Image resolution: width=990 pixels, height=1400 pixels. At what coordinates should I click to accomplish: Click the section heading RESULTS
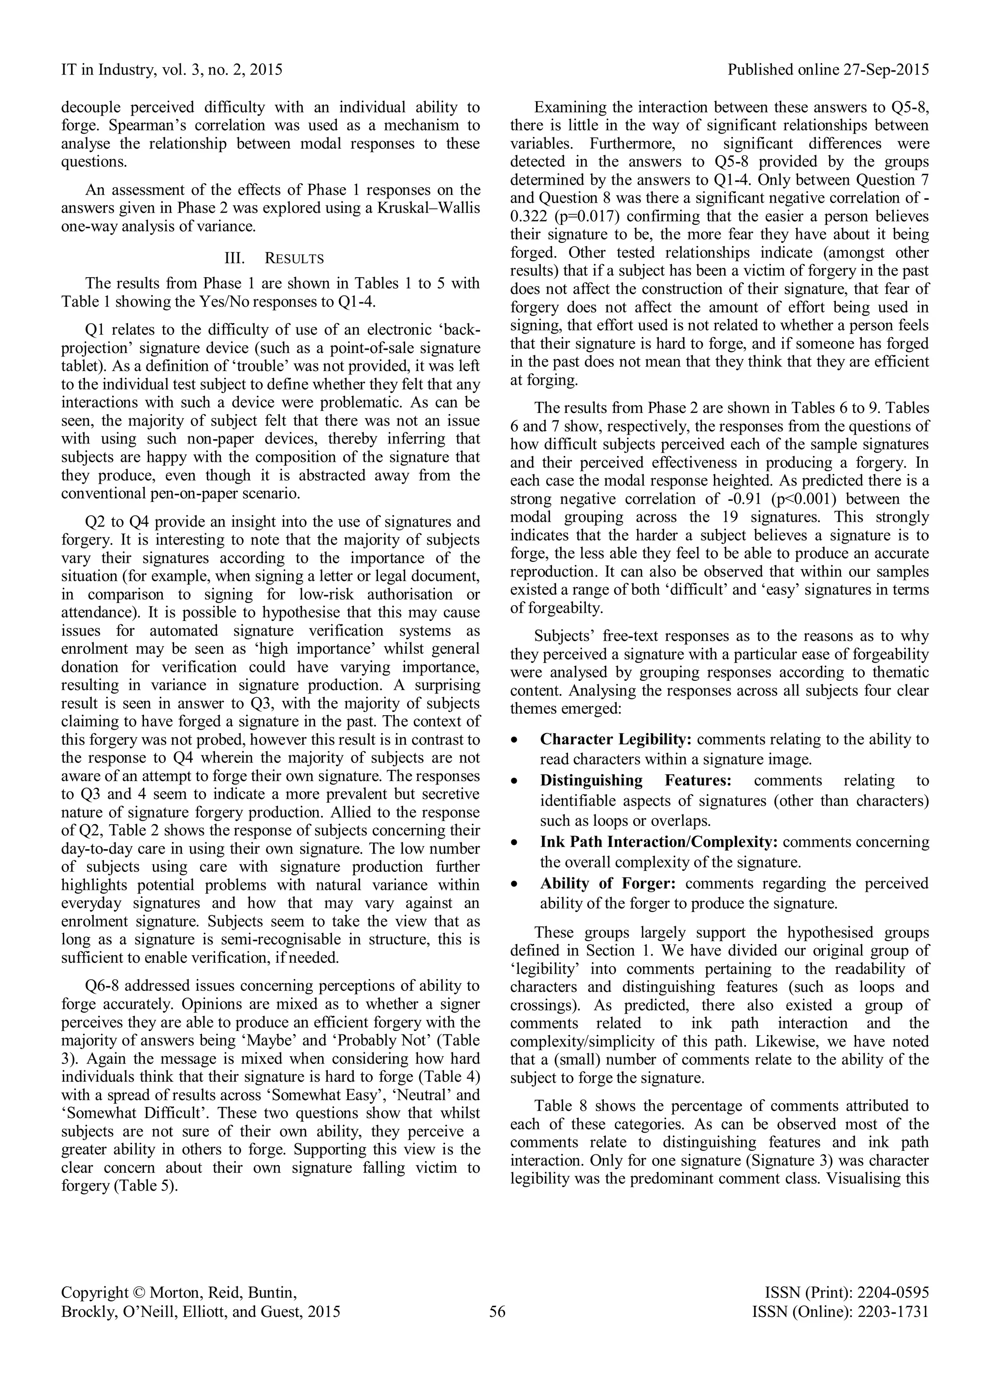pyautogui.click(x=294, y=259)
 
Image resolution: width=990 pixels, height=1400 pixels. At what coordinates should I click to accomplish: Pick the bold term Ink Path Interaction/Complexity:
pyautogui.click(x=658, y=842)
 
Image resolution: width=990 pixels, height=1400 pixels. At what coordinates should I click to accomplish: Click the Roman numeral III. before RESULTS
pyautogui.click(x=235, y=259)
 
